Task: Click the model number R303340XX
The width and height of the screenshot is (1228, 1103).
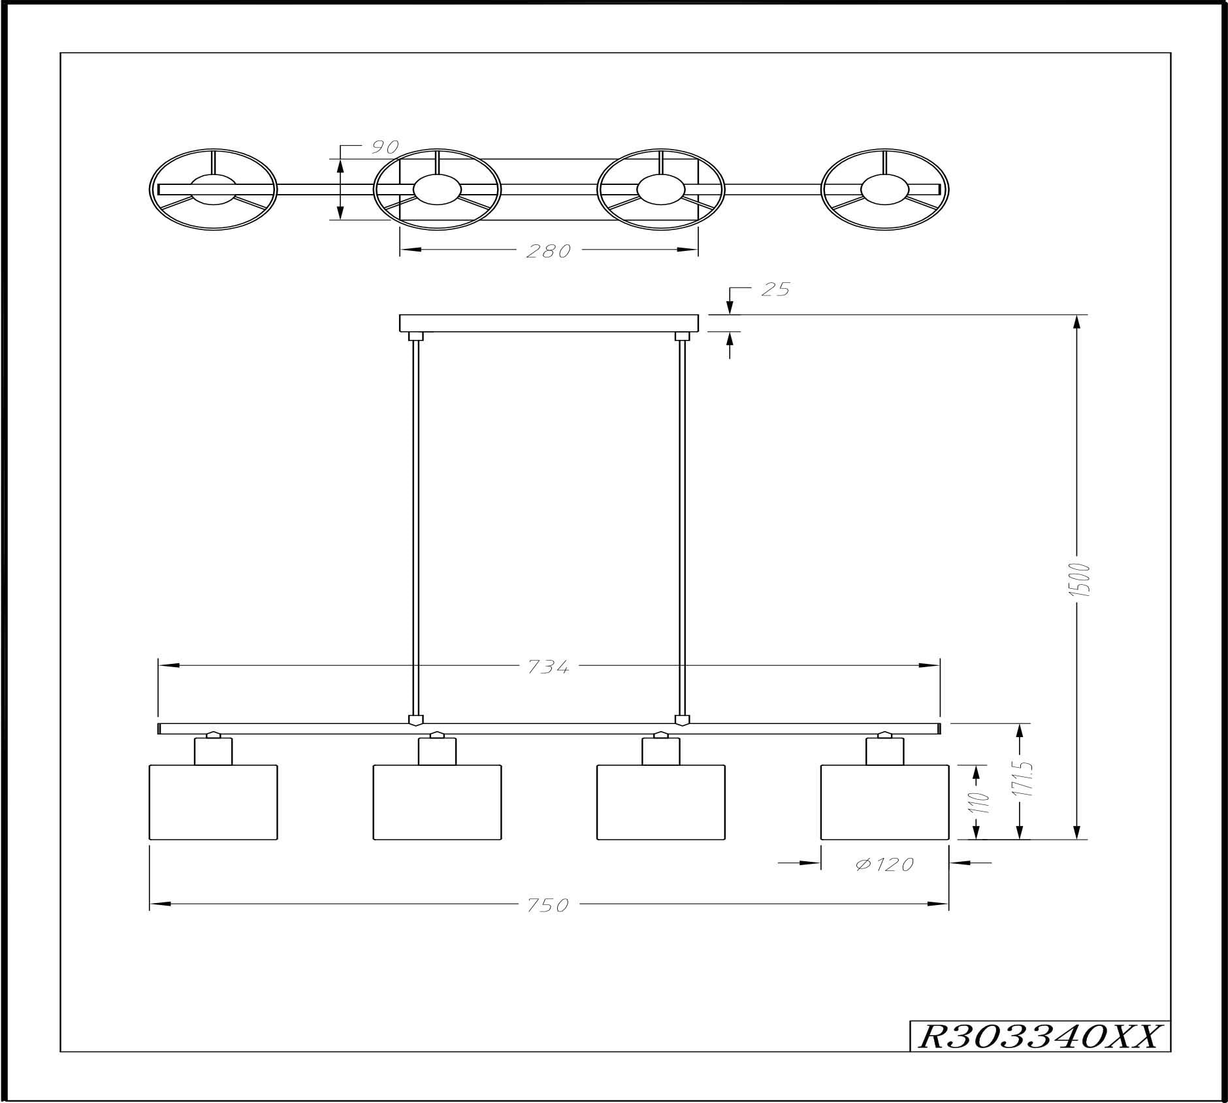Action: tap(1038, 1036)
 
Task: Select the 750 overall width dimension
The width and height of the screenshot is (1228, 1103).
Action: tap(548, 905)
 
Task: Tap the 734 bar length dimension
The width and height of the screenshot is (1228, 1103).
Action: tap(548, 667)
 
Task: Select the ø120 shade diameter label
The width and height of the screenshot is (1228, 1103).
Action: tap(884, 864)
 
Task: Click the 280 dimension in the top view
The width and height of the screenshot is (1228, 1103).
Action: tap(548, 251)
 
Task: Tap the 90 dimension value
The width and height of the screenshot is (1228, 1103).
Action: tap(385, 147)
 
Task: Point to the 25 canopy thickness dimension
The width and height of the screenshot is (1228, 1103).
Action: tap(776, 289)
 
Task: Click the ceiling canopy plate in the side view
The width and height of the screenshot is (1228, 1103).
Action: tap(549, 323)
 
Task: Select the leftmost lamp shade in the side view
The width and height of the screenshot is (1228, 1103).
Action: tap(214, 802)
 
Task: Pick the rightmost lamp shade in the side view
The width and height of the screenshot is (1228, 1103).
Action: tap(884, 802)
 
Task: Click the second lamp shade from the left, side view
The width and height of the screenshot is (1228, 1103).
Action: tap(437, 802)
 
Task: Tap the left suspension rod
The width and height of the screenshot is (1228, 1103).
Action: tap(415, 523)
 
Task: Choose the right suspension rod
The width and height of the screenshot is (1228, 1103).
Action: tap(683, 523)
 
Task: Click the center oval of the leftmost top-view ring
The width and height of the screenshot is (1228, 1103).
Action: tap(214, 189)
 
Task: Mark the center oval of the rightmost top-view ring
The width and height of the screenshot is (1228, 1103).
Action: tap(884, 189)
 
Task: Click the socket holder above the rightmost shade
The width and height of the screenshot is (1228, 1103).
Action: tap(885, 751)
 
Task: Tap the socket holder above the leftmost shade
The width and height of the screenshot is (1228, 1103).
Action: tap(214, 751)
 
